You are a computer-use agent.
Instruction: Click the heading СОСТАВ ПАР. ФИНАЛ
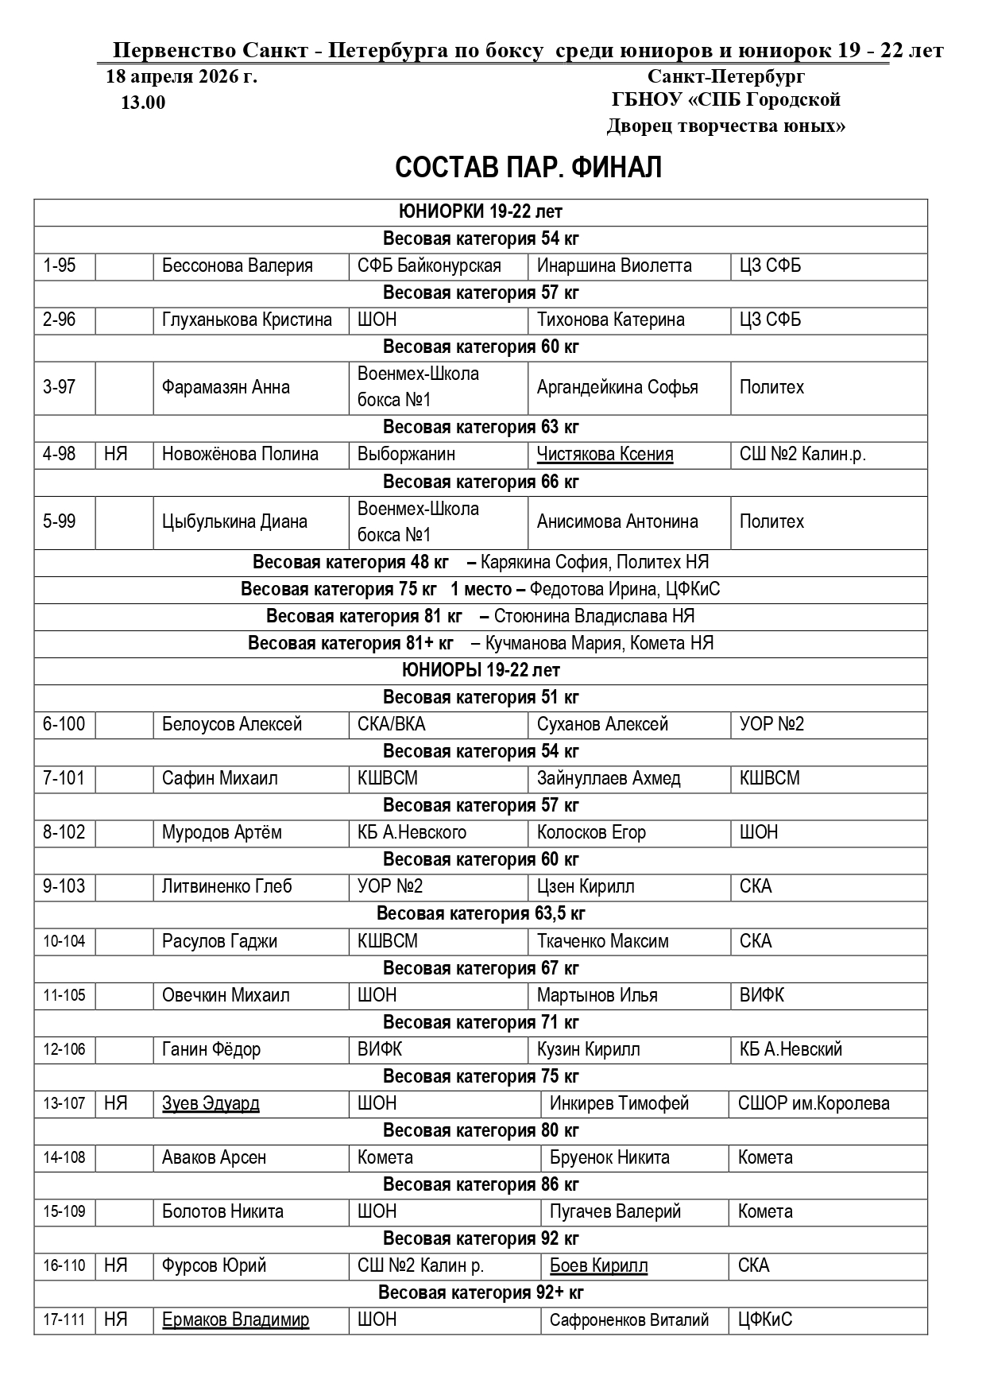click(528, 168)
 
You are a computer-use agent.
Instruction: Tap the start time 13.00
click(143, 103)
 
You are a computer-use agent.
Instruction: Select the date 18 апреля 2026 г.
click(181, 77)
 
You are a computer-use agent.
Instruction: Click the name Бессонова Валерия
click(237, 265)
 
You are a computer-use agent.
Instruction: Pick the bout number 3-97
click(60, 387)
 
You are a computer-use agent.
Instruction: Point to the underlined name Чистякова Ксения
click(605, 455)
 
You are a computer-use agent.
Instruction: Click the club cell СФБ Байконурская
click(429, 265)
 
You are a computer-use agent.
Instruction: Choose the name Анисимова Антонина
click(617, 521)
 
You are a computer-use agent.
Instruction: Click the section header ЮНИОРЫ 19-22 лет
click(481, 670)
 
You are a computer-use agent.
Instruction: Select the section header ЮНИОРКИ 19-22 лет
click(481, 211)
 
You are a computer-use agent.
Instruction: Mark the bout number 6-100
click(64, 724)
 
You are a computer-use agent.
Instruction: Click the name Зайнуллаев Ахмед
click(609, 778)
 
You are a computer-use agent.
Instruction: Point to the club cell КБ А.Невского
click(412, 832)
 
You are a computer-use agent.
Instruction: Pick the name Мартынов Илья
click(597, 995)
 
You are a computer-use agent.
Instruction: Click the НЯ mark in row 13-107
click(116, 1103)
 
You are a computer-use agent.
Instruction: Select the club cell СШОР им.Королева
click(814, 1103)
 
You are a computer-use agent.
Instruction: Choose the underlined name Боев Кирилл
click(598, 1265)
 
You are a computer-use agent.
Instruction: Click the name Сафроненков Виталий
click(628, 1320)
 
